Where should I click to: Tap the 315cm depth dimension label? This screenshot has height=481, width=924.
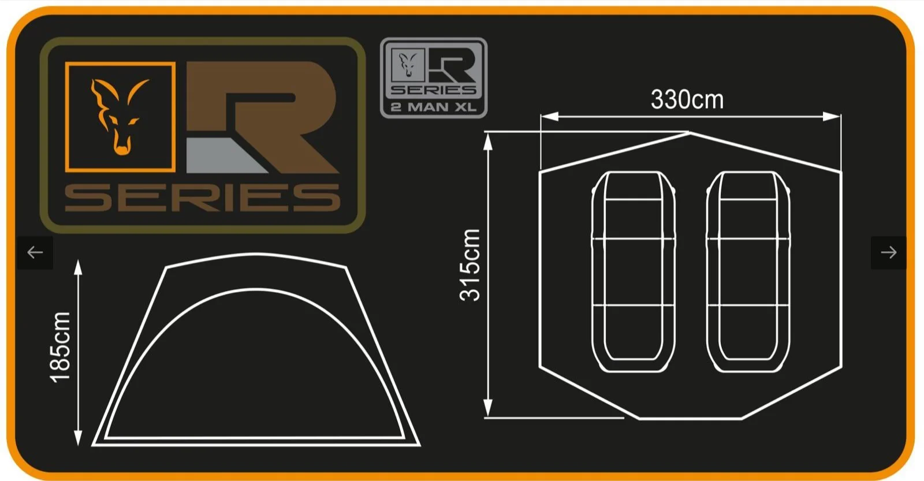click(x=470, y=265)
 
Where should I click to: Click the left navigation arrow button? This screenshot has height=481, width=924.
click(x=35, y=252)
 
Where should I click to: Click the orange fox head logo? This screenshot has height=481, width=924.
click(x=120, y=117)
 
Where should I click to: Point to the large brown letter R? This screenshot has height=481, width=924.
click(x=262, y=117)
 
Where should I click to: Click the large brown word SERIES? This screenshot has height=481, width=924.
click(x=203, y=197)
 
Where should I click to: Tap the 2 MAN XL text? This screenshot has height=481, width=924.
click(x=434, y=107)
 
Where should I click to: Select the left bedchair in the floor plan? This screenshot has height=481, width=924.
click(x=633, y=271)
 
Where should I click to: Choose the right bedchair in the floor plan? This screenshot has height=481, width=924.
click(x=748, y=271)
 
